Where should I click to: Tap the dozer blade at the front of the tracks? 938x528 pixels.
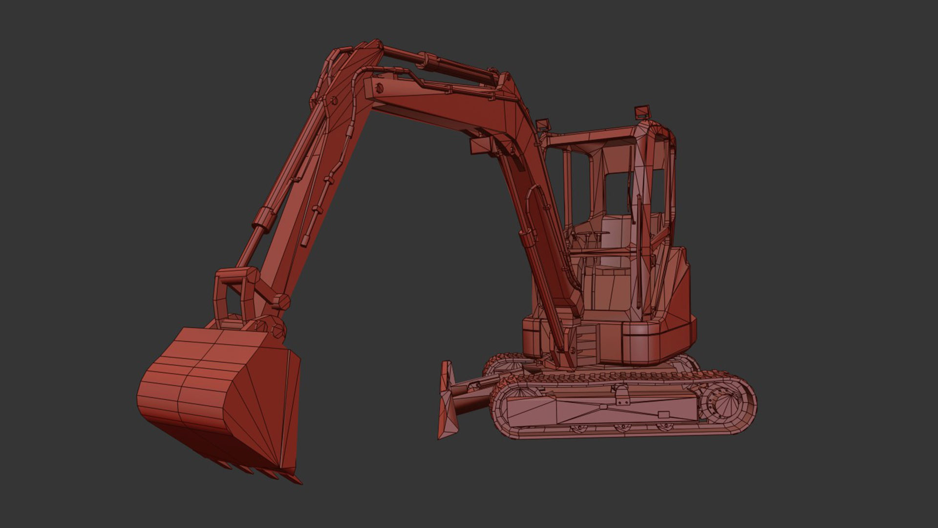click(447, 401)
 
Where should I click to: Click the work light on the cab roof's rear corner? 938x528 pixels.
click(642, 112)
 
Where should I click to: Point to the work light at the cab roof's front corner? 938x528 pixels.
click(542, 126)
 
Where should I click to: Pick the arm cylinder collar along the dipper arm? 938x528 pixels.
click(264, 216)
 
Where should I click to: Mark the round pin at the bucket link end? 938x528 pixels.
click(281, 302)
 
